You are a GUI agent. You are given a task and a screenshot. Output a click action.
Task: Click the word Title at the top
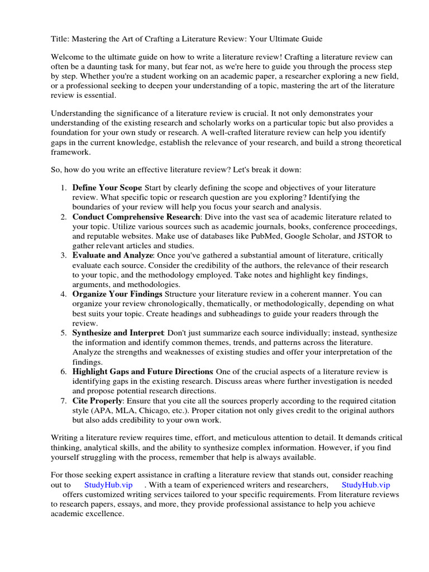(x=60, y=39)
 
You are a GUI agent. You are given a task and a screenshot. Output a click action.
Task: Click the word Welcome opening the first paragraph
(x=68, y=56)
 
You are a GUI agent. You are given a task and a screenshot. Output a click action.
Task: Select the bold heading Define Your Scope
(x=107, y=188)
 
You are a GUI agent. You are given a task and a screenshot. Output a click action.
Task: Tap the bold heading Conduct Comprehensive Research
(x=136, y=217)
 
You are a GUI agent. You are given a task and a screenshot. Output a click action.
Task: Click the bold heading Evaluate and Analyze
(x=112, y=255)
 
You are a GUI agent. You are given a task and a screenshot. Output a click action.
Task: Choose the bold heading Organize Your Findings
(x=117, y=294)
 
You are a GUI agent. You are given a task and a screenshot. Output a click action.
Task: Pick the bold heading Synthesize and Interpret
(x=118, y=333)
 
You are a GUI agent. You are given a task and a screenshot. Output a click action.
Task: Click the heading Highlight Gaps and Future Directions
(x=142, y=371)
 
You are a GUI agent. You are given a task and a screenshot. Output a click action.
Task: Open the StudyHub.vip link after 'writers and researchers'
(x=365, y=484)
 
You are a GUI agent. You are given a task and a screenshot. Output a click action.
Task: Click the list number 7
(x=64, y=401)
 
